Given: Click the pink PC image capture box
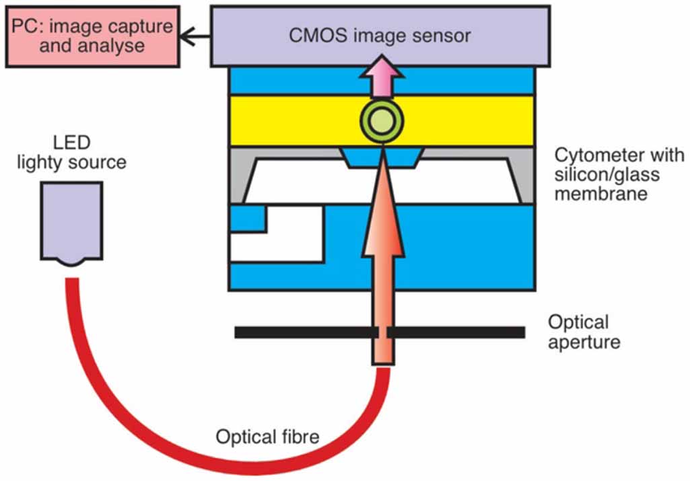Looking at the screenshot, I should coord(93,36).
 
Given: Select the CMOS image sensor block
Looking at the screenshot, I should coord(380,35).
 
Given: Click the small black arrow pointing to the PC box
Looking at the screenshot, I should coord(196,36).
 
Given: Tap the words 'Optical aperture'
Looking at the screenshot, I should coord(583,332).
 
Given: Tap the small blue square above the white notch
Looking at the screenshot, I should coord(248,219).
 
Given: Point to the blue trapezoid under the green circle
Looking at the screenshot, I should coord(382,159).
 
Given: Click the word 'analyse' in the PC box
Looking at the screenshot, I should coord(111,46).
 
